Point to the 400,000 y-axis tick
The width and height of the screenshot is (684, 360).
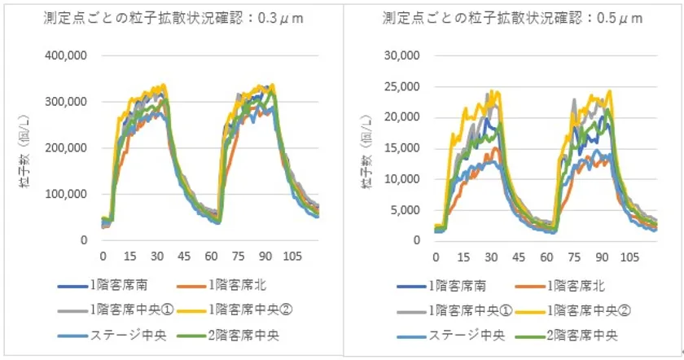(x=79, y=56)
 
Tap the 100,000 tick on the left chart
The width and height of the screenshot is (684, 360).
(x=79, y=194)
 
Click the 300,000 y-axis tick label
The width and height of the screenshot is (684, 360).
(x=79, y=102)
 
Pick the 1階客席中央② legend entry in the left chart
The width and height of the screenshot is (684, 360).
(x=259, y=310)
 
